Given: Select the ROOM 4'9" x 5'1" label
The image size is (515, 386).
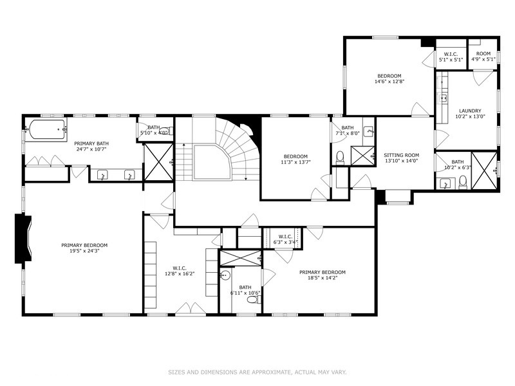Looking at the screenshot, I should (x=483, y=56).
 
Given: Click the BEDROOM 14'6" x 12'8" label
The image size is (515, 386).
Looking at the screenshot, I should (x=389, y=78).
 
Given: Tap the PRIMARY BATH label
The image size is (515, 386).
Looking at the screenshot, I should (x=90, y=147).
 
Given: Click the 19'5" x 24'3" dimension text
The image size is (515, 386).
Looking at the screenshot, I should (x=84, y=250).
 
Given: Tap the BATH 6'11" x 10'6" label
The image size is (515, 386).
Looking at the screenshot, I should (x=245, y=290).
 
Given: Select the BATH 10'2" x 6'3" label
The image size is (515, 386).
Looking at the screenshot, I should (x=457, y=165).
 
